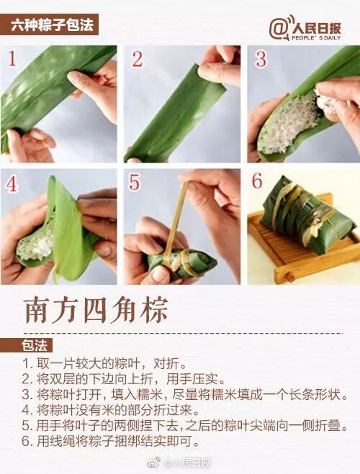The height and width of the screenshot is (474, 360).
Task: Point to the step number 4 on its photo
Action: pos(12,183)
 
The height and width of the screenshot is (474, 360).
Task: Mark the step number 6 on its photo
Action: pos(258,182)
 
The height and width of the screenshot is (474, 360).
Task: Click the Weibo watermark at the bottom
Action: pos(180,462)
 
